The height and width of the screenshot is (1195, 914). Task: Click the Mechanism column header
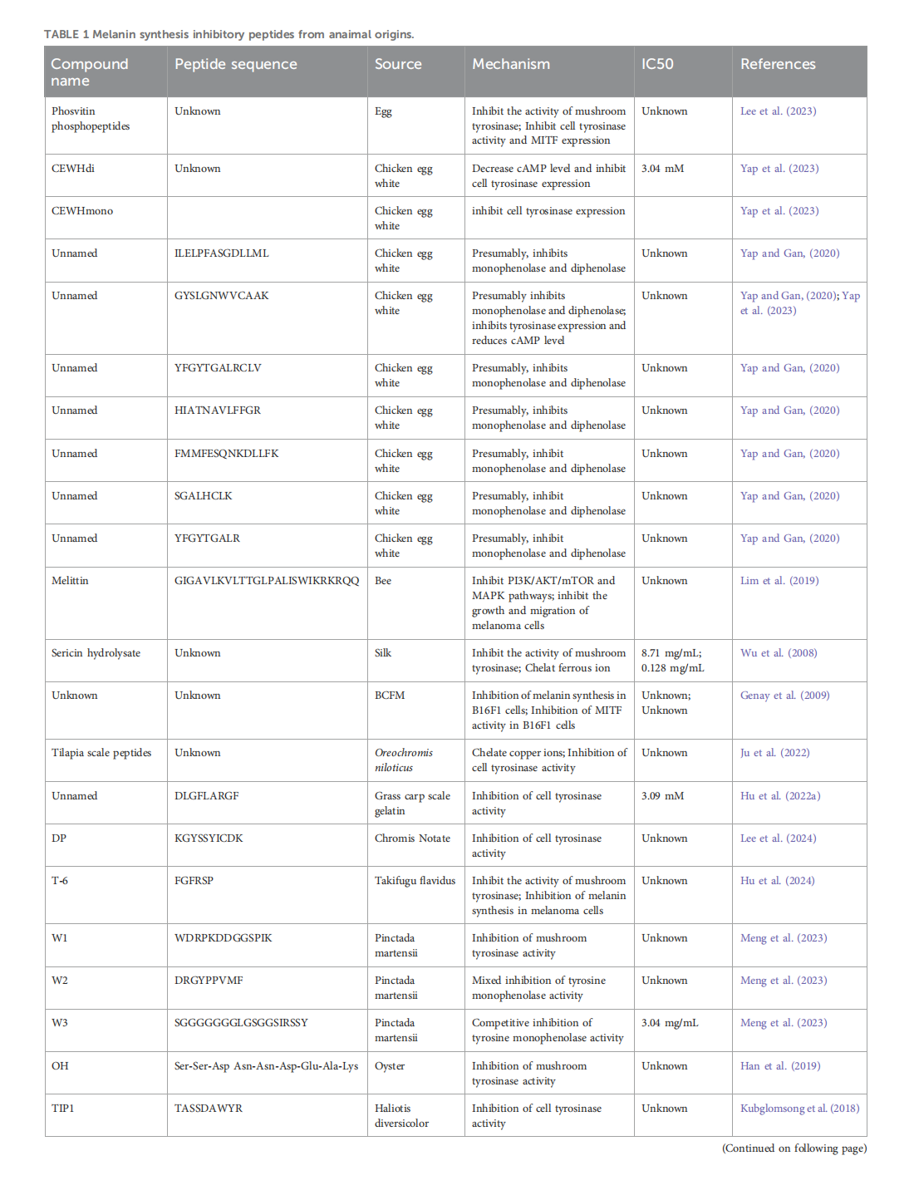tap(510, 64)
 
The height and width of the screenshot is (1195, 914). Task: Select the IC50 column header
tap(657, 64)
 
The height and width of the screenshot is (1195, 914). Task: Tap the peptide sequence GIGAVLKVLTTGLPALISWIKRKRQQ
tap(267, 581)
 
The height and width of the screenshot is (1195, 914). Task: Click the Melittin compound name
tap(70, 581)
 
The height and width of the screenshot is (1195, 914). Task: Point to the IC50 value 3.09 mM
tap(662, 796)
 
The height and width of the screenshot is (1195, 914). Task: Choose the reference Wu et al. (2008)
tap(779, 653)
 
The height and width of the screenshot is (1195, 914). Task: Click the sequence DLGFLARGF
tap(206, 796)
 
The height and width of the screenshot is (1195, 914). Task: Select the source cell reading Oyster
tap(390, 1066)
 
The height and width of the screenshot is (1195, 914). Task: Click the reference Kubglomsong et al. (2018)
tap(799, 1109)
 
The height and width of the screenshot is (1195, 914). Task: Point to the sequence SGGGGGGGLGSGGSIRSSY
tap(241, 1023)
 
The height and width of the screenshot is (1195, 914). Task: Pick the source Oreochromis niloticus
tap(403, 760)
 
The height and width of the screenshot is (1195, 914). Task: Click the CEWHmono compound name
tap(82, 211)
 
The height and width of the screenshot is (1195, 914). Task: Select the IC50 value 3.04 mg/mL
tap(670, 1023)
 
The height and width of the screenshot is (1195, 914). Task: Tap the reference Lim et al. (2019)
tap(779, 581)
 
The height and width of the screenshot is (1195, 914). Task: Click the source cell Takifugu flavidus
tap(415, 881)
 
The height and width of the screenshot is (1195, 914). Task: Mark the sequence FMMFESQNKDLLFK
tap(226, 454)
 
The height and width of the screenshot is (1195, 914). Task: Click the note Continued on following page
tap(794, 1148)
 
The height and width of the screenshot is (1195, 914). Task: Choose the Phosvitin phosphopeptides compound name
tap(91, 119)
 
